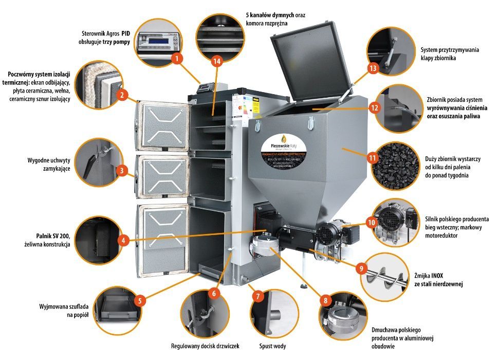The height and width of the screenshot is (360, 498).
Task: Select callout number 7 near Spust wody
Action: pyautogui.click(x=258, y=296)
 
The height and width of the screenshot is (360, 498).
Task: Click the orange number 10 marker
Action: pyautogui.click(x=372, y=222)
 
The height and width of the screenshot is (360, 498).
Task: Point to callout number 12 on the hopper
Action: pyautogui.click(x=374, y=108)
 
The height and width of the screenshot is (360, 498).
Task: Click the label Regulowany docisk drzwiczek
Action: pyautogui.click(x=205, y=346)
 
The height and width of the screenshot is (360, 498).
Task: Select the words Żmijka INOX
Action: pyautogui.click(x=432, y=275)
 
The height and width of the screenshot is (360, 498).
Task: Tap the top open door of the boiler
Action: pyautogui.click(x=163, y=124)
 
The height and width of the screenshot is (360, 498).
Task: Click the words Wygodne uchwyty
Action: pyautogui.click(x=48, y=160)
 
